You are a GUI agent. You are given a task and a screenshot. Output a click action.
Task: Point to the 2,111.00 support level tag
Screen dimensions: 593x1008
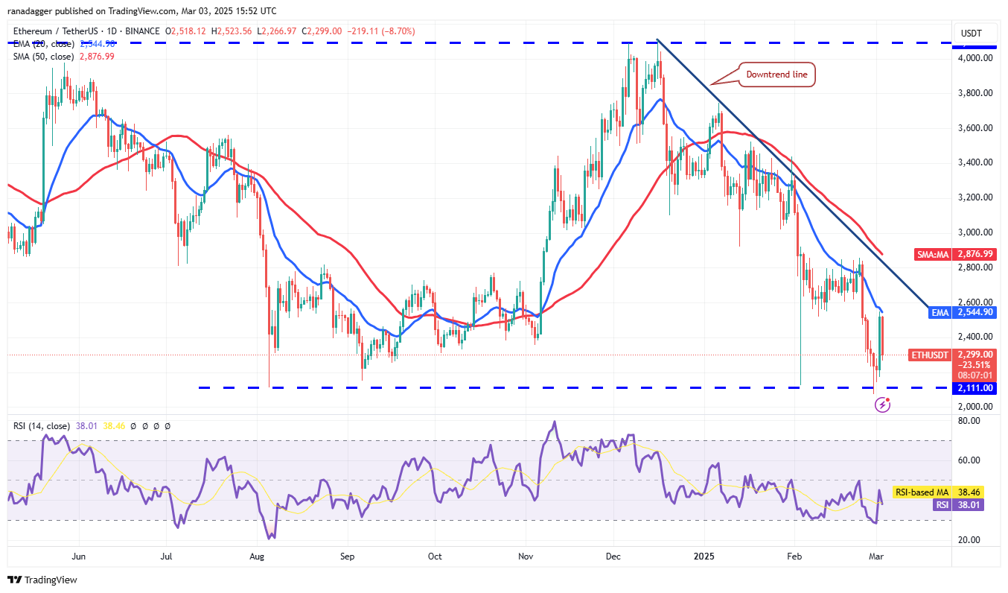[x=976, y=388]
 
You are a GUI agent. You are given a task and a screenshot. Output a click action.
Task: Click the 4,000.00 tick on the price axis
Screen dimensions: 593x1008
[x=976, y=58]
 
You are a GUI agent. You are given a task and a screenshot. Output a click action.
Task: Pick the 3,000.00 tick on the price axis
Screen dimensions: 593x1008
[x=976, y=232]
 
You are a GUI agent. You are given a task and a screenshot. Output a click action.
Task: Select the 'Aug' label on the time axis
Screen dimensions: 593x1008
[x=257, y=556]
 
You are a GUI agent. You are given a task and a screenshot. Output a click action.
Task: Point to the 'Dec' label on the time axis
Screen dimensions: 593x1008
[x=614, y=556]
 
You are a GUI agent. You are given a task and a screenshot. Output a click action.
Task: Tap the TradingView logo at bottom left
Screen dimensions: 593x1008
[x=42, y=580]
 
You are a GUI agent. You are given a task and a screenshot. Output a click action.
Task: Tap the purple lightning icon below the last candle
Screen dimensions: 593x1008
[x=882, y=405]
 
